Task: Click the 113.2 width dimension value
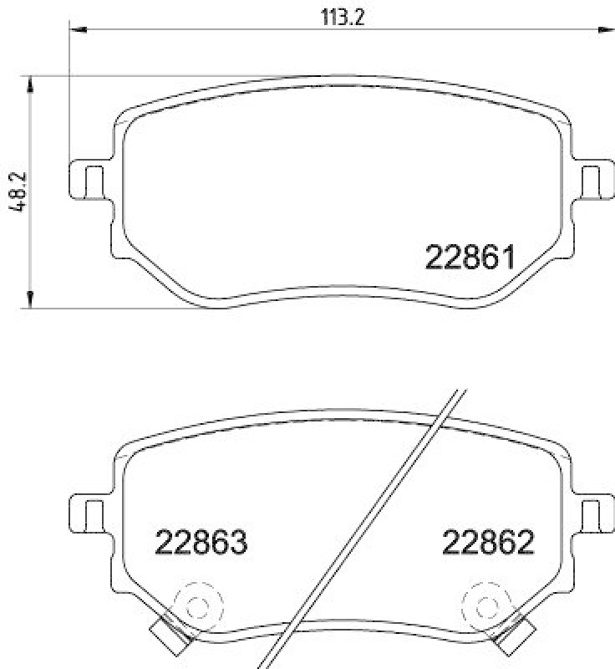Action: [343, 18]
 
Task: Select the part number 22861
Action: [469, 258]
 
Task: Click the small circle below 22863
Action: [197, 605]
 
